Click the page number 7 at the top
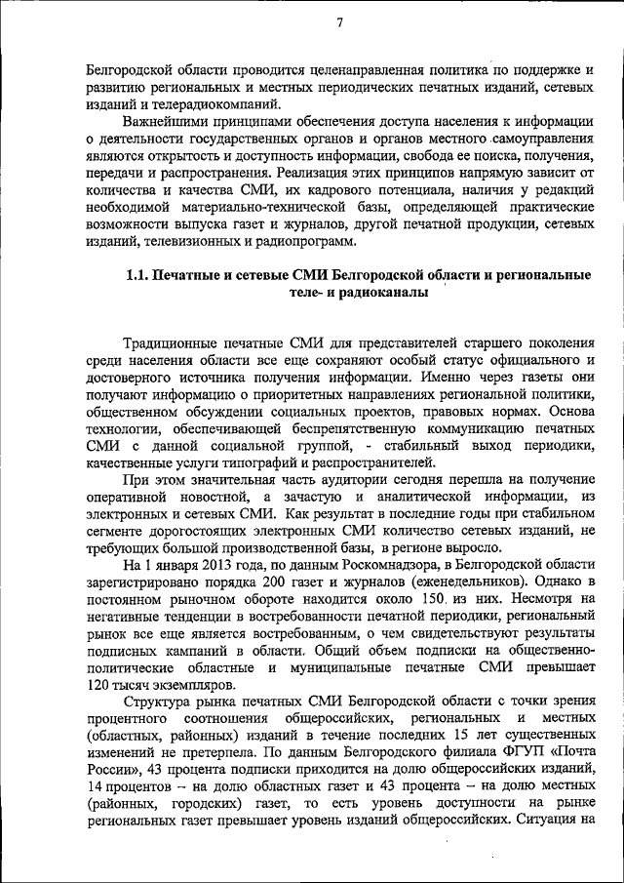point(340,23)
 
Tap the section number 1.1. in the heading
point(143,275)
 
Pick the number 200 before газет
point(263,582)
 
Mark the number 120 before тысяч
point(100,686)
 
